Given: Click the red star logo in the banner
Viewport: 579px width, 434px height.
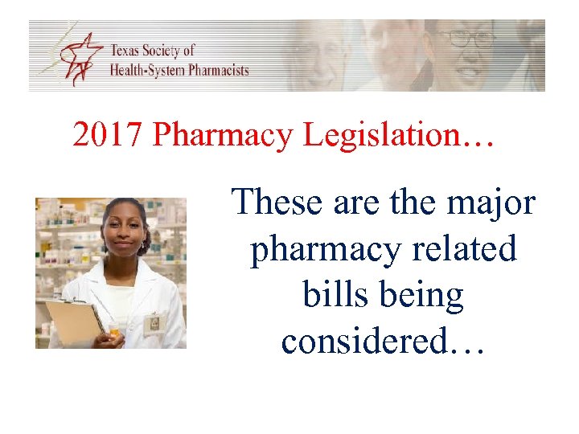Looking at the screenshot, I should pyautogui.click(x=80, y=57).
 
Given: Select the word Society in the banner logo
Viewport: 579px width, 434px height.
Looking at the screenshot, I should pyautogui.click(x=166, y=51).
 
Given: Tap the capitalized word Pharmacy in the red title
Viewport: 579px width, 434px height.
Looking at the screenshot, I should pyautogui.click(x=224, y=136).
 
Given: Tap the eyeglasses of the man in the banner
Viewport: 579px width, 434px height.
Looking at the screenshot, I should pyautogui.click(x=468, y=38).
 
